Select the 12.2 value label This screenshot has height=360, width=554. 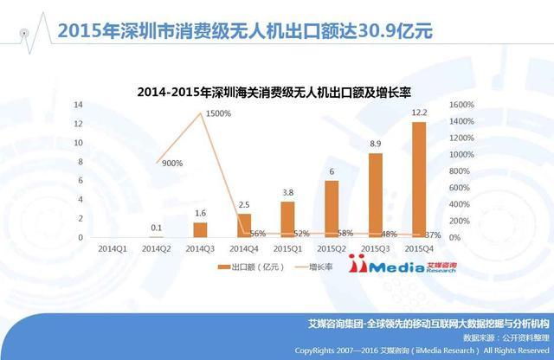[x=418, y=112]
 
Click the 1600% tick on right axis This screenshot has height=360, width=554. [x=461, y=105]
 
